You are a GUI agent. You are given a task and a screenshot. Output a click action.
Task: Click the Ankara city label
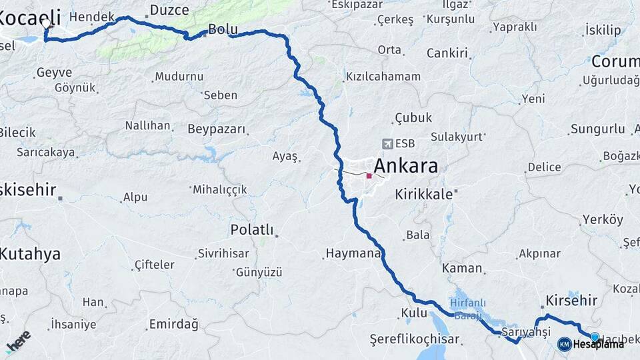coord(406,165)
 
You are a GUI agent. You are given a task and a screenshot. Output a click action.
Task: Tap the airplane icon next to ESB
coord(388,143)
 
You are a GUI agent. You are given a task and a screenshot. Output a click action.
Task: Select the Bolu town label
coord(223,29)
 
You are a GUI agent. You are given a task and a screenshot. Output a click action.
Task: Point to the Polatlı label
coord(251,230)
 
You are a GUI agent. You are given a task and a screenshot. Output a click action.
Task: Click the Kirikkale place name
coord(423,194)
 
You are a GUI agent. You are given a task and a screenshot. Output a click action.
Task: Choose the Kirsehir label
coord(571,300)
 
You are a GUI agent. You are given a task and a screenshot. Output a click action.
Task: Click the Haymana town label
coord(353,253)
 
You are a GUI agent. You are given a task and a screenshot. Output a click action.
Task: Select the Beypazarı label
coord(216,129)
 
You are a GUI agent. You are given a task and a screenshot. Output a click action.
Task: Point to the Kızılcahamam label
coord(383,77)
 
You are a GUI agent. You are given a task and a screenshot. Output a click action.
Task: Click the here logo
coord(18,341)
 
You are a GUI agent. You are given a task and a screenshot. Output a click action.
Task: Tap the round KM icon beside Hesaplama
coord(564,344)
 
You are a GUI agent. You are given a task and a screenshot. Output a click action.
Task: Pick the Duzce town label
coord(169,10)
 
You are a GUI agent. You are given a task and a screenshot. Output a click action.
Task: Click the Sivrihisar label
coord(223,253)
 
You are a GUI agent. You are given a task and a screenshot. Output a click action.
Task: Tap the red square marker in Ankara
coord(369,176)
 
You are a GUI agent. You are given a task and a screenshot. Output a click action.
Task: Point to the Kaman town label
coord(461,268)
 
